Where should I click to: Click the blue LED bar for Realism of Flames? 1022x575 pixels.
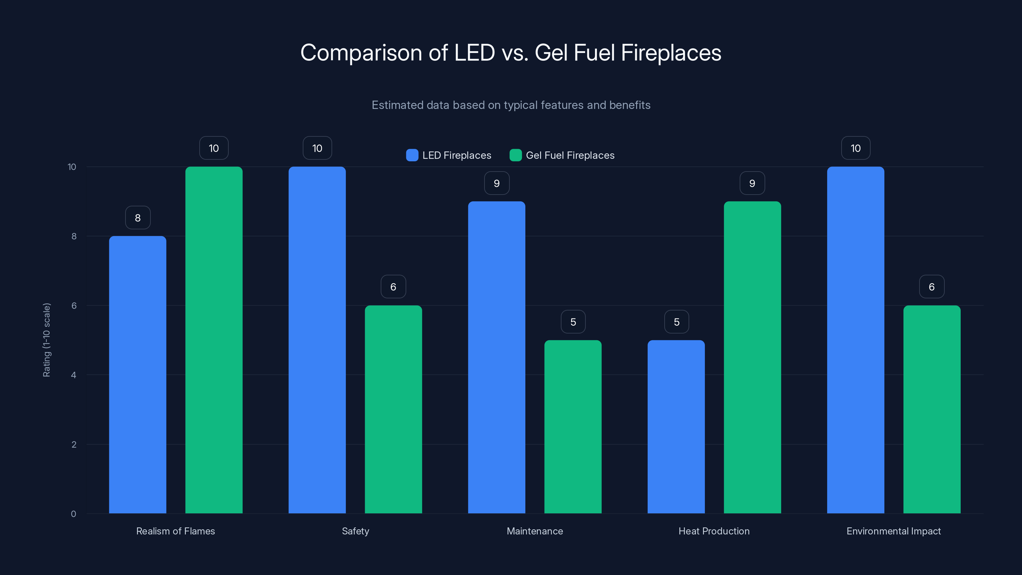click(138, 375)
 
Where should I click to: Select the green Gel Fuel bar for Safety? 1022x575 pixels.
click(393, 409)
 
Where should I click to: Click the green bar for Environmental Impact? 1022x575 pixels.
click(932, 409)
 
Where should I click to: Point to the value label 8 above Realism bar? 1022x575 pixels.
click(138, 218)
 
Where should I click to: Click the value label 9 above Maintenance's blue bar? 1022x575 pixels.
click(497, 183)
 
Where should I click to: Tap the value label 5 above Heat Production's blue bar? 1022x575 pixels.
click(676, 322)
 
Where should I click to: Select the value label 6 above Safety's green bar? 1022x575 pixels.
click(393, 287)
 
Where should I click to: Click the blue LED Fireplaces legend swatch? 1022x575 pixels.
click(412, 155)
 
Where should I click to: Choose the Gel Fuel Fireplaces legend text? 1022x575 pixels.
click(570, 155)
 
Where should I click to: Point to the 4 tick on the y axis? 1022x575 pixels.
click(73, 375)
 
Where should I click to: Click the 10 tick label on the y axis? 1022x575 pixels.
click(72, 167)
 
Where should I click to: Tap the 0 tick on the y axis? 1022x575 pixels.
click(73, 514)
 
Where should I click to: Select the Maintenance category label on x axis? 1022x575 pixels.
click(535, 531)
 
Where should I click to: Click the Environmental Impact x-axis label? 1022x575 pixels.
click(894, 531)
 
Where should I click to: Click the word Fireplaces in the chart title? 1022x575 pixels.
click(671, 52)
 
